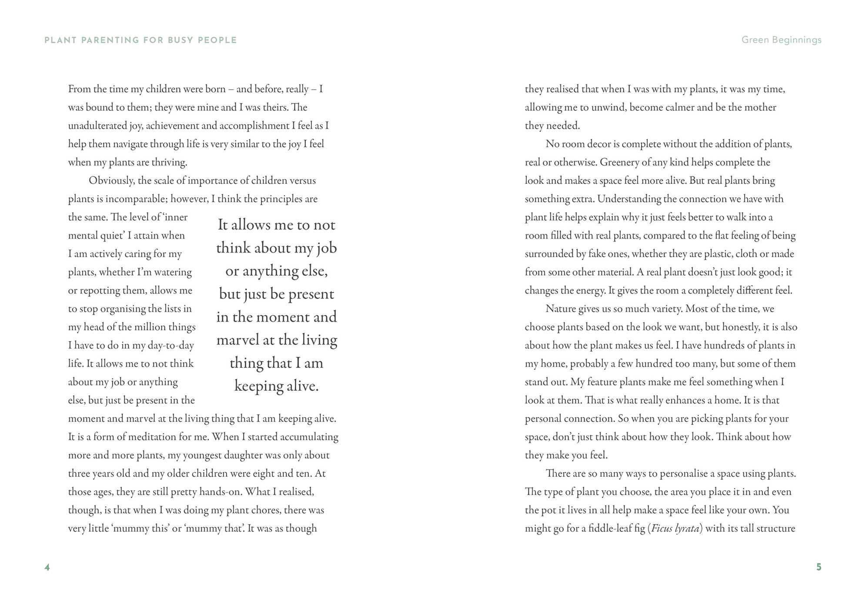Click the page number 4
coord(47,567)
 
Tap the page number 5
coord(819,567)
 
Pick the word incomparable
coord(136,199)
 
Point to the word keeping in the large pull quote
coord(258,386)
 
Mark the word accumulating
coord(309,437)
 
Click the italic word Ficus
coord(662,528)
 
